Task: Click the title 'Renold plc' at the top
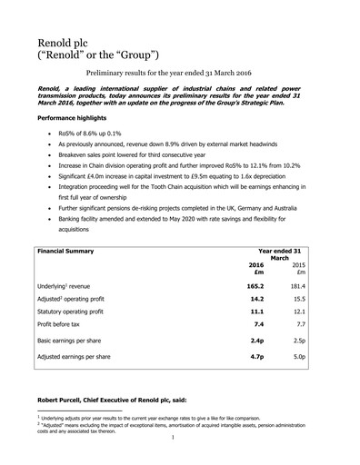(68, 44)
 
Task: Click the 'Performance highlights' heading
(80, 119)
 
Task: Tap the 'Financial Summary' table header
(72, 248)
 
